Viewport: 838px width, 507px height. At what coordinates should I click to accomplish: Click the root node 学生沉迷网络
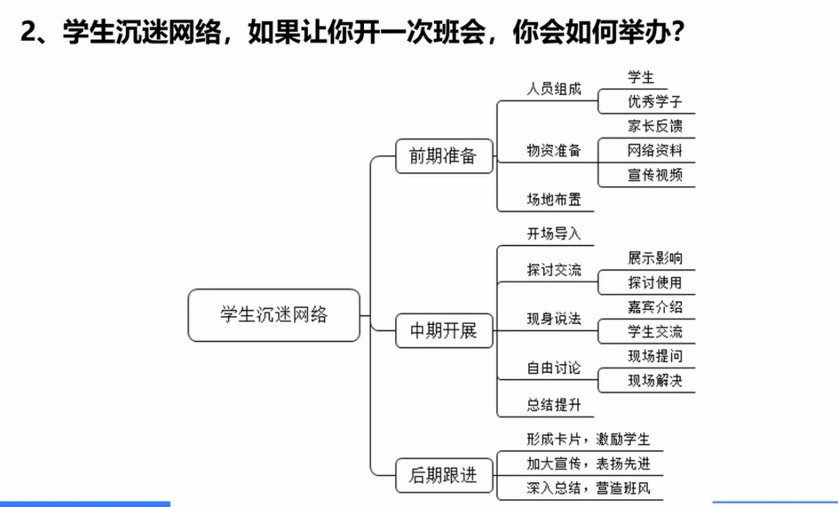click(x=274, y=315)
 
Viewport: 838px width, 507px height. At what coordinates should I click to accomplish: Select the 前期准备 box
click(x=443, y=156)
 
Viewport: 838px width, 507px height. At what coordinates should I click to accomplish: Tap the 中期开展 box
click(x=443, y=331)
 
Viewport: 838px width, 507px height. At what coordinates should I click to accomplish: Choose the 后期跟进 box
click(x=443, y=474)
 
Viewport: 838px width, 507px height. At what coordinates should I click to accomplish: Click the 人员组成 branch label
click(x=554, y=88)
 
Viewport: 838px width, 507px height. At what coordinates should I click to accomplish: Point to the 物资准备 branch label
click(x=554, y=150)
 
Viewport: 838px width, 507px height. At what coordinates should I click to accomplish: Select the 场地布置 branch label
click(x=554, y=199)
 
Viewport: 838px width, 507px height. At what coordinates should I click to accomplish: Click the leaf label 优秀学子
click(x=655, y=102)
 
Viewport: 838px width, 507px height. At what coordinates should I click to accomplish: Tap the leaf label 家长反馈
click(x=655, y=126)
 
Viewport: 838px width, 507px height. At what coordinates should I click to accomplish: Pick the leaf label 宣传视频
click(x=655, y=174)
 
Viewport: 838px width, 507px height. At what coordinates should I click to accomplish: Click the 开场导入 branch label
click(x=554, y=233)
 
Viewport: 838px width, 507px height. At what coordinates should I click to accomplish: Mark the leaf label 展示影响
click(x=655, y=258)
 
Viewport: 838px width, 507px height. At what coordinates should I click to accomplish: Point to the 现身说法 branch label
click(x=554, y=319)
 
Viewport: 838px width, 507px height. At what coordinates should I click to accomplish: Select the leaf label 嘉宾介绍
click(x=655, y=307)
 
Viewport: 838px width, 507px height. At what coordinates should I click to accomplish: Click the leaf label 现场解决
click(x=655, y=381)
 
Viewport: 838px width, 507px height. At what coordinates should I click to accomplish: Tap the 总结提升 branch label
click(x=554, y=405)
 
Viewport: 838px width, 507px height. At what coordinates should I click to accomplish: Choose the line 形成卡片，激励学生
click(x=588, y=440)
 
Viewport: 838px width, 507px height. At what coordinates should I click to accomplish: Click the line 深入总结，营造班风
click(x=588, y=488)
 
